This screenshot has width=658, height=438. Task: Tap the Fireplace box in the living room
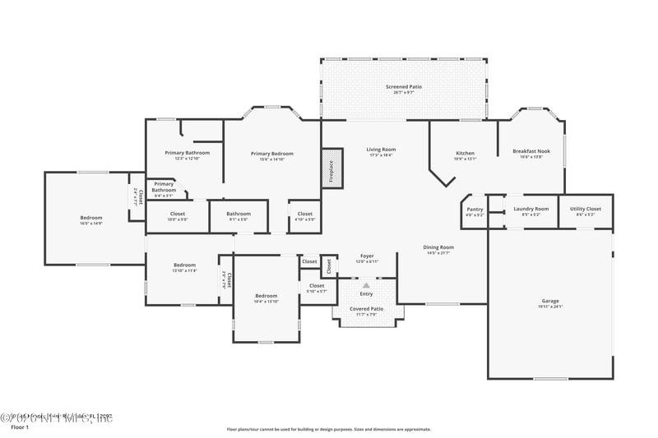coord(331,168)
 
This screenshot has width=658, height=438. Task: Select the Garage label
coord(549,302)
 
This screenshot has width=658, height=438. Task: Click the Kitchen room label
coord(466,154)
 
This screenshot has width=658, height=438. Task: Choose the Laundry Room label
coord(531,210)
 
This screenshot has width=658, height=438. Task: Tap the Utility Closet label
coord(586,210)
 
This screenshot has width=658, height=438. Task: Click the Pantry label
coord(475,210)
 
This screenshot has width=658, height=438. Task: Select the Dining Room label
coord(439,247)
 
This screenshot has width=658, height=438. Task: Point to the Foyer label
coord(367,256)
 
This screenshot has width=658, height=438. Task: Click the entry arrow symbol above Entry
coord(367,285)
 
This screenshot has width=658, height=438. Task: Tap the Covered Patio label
coord(367,309)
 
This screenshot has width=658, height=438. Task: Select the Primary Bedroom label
coord(271,154)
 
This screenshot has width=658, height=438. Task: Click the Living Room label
coord(381,150)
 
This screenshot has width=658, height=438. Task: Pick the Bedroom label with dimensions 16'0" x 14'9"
coord(90,218)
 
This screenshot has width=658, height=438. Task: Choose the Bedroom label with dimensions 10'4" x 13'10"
coord(266,296)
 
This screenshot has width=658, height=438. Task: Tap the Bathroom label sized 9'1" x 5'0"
coord(239,214)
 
